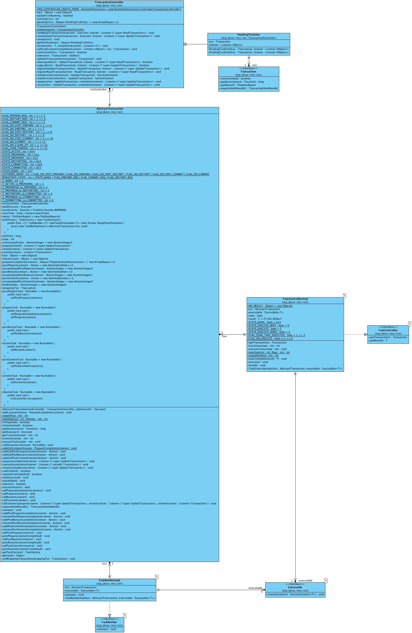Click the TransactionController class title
[x=109, y=2]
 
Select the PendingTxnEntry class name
[x=248, y=35]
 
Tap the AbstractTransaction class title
[x=110, y=109]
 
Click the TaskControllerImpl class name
[x=295, y=299]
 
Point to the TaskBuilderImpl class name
[x=109, y=580]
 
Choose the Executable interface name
[x=295, y=587]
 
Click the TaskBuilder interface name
[x=109, y=622]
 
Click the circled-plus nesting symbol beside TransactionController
[x=185, y=44]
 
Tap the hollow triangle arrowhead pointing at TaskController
[x=366, y=335]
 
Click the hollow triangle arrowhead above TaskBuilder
[x=110, y=615]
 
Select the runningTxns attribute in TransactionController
[x=48, y=19]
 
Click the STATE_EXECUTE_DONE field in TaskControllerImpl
[x=269, y=332]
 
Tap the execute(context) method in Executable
[x=295, y=594]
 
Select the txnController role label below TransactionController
[x=98, y=90]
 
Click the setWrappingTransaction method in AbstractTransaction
[x=38, y=559]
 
